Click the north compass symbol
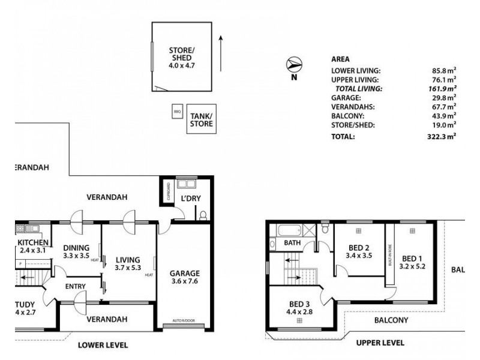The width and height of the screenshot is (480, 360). (x=294, y=64)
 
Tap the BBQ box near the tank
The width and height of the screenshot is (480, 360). (x=177, y=112)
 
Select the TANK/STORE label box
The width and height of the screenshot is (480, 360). (x=201, y=119)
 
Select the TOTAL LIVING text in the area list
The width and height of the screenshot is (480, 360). (x=358, y=88)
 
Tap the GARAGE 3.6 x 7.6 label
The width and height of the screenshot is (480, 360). (x=184, y=277)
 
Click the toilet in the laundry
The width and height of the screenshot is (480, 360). (x=203, y=215)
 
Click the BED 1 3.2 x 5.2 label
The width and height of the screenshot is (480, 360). (x=413, y=262)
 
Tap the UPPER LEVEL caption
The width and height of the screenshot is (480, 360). (x=380, y=343)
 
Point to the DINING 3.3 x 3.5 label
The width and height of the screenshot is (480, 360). (x=76, y=251)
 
